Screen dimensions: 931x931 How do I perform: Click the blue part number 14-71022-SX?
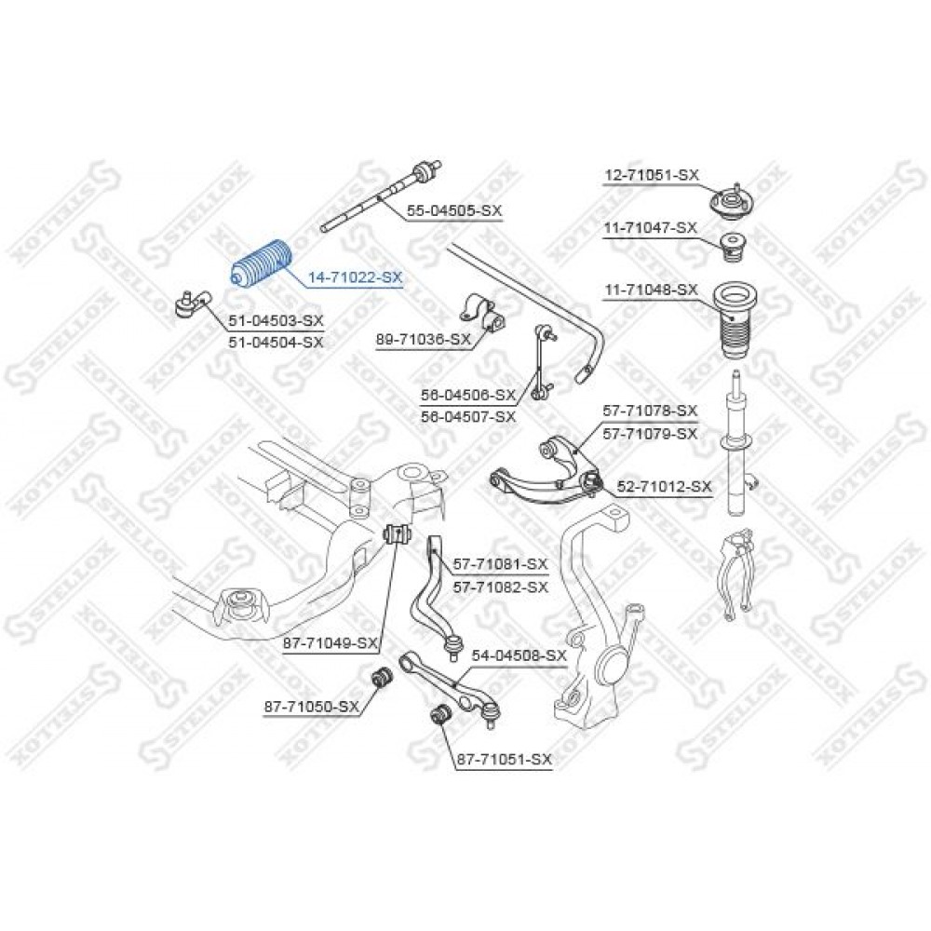(x=355, y=277)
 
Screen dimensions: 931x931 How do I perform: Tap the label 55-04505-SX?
(x=454, y=210)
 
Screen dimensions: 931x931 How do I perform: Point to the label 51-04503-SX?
(x=277, y=320)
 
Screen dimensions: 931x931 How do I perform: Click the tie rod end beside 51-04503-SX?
(x=194, y=303)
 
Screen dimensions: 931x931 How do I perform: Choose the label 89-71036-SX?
(x=424, y=340)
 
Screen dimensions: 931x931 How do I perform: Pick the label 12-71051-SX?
(x=652, y=175)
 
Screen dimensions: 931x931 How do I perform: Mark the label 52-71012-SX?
(x=664, y=487)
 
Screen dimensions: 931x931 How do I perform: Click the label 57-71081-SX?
(x=501, y=563)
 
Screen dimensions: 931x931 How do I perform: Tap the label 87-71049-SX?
(x=331, y=643)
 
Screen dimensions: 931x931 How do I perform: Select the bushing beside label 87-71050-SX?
(x=380, y=676)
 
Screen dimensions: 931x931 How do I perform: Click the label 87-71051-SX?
(x=504, y=759)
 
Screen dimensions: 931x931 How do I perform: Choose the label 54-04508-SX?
(x=519, y=655)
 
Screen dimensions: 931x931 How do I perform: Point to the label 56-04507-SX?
(x=468, y=417)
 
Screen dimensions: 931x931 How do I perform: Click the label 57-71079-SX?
(x=650, y=434)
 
